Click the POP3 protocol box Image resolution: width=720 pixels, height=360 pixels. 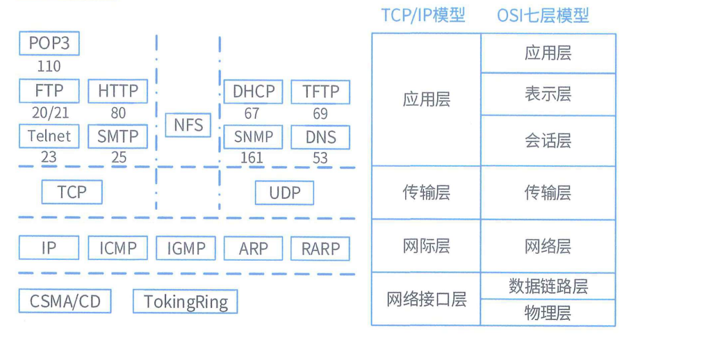point(49,44)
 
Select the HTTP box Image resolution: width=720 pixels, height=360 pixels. point(118,91)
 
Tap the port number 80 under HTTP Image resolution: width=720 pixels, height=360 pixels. point(118,113)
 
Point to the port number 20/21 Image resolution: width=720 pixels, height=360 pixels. point(50,113)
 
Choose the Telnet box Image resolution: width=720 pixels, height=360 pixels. point(49,136)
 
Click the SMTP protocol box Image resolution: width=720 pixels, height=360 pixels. point(118,136)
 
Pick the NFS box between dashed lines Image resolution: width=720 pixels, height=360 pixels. point(188,125)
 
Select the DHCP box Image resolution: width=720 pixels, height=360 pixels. point(254,91)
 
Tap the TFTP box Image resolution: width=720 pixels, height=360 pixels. point(320,91)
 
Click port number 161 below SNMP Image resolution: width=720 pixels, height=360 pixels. point(252,158)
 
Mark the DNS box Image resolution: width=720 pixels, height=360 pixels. point(320,137)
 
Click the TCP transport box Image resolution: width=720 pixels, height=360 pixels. point(72,192)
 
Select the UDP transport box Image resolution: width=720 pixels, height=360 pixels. point(284,193)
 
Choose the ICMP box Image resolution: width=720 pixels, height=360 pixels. point(118,248)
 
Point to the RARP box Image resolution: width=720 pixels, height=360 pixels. point(320,248)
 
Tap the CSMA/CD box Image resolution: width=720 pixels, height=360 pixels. point(65,302)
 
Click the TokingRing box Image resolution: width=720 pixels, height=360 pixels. point(186,302)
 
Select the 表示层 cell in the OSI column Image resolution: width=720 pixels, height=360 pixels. point(548,94)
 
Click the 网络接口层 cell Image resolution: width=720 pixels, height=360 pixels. point(426,300)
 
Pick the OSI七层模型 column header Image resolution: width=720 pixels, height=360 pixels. point(543,15)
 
